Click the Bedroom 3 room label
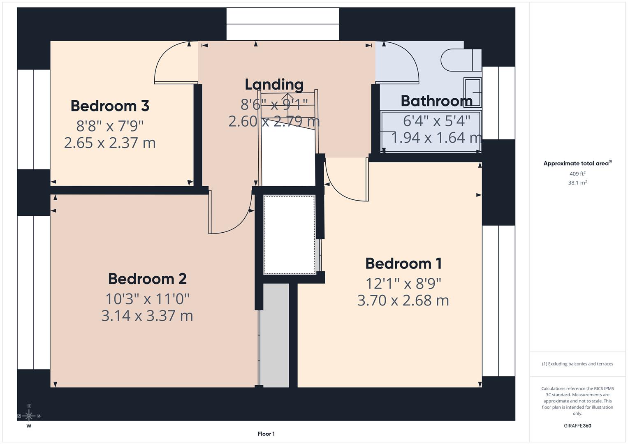[110, 106]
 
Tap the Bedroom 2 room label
[147, 279]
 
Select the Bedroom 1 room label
[403, 264]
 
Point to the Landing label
[274, 85]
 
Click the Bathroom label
[436, 101]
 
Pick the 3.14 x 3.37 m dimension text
[147, 316]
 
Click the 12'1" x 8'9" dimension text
[403, 283]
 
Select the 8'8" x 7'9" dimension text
[110, 125]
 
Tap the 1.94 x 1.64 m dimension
[436, 138]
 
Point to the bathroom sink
[473, 92]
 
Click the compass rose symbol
[29, 416]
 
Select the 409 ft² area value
[577, 174]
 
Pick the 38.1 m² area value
[577, 183]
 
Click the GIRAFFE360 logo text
[577, 425]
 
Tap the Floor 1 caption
[266, 434]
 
